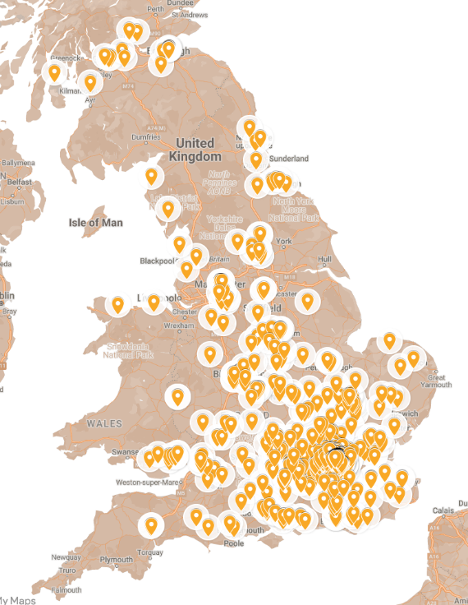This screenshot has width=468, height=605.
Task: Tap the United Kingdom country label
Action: click(x=195, y=149)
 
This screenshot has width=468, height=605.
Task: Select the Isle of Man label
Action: click(x=95, y=222)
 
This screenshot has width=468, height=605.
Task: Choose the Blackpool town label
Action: click(x=158, y=261)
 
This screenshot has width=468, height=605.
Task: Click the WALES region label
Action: click(x=104, y=423)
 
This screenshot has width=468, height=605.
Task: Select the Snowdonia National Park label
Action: click(x=130, y=351)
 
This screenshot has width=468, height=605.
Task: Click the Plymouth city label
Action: click(x=115, y=560)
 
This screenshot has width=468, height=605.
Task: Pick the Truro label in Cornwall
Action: click(x=67, y=570)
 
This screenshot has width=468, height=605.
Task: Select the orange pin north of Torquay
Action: click(x=150, y=524)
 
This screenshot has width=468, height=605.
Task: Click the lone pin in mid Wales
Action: click(x=177, y=396)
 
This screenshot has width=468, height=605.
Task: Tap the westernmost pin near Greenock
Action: click(x=54, y=72)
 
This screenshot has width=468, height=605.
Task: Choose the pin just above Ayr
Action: click(x=90, y=81)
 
